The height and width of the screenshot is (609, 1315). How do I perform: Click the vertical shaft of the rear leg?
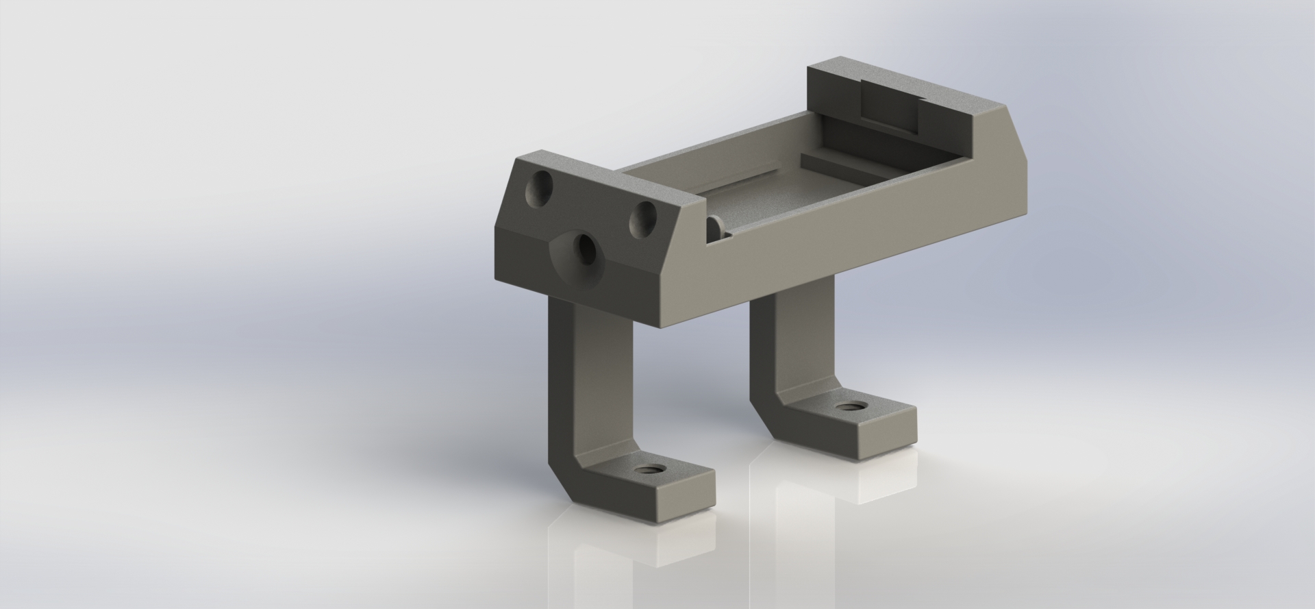(x=794, y=336)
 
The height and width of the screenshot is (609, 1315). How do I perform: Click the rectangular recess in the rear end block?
(x=890, y=106)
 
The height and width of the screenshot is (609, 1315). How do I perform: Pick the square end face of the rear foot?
(x=884, y=438)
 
